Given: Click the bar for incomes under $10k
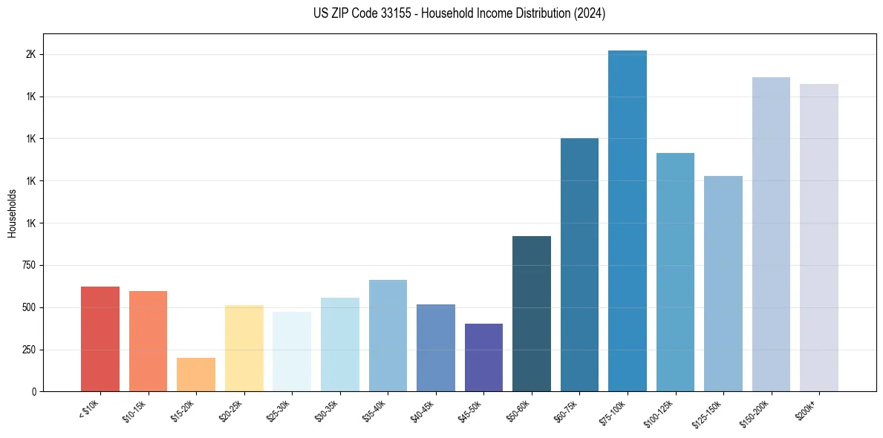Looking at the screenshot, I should (100, 339).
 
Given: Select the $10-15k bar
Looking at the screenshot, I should (148, 341).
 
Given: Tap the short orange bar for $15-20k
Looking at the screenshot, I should (196, 374).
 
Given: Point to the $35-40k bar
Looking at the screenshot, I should (388, 335).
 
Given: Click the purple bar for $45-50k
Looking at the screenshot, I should (483, 357).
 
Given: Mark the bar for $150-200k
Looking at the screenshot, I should (771, 234).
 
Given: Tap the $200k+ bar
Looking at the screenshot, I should (819, 238).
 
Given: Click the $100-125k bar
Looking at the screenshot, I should (675, 272).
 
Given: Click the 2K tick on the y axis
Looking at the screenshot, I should (31, 55).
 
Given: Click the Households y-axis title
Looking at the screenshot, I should (12, 213).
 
